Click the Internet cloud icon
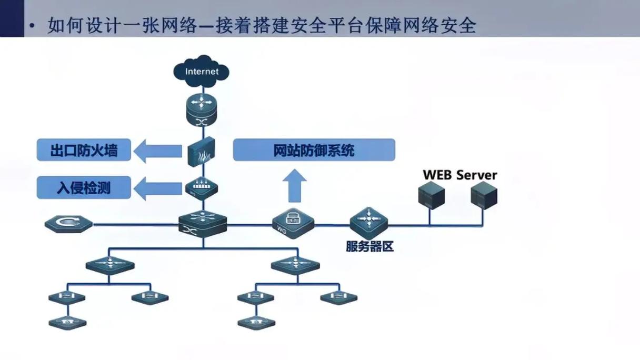point(202,71)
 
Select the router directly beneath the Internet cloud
point(202,111)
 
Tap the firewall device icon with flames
point(202,151)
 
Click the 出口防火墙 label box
point(84,151)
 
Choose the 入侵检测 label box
point(84,187)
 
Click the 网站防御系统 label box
point(314,151)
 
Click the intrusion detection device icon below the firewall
point(202,187)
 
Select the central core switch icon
point(203,224)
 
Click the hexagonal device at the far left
point(69,225)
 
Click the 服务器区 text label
point(369,246)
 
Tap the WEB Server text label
point(459,175)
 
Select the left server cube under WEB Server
point(431,195)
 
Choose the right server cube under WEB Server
point(484,195)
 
